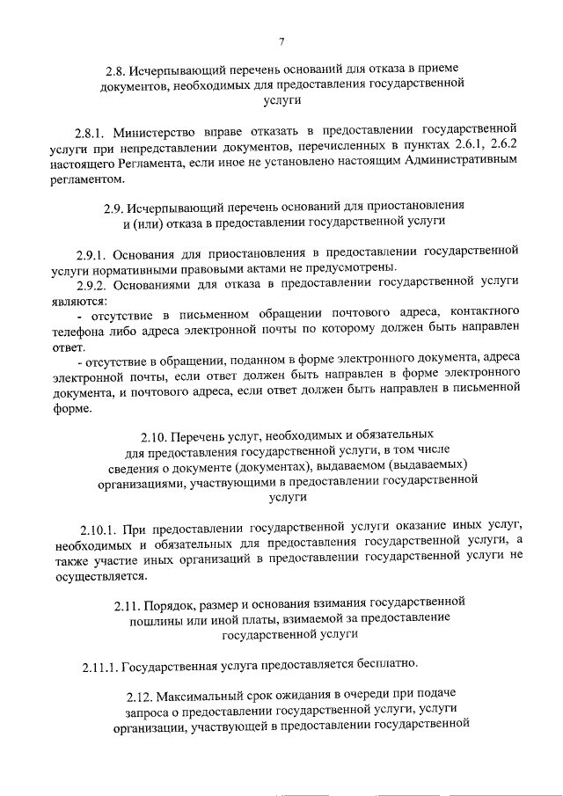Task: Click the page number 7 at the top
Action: (281, 41)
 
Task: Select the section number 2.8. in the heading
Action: (115, 69)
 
